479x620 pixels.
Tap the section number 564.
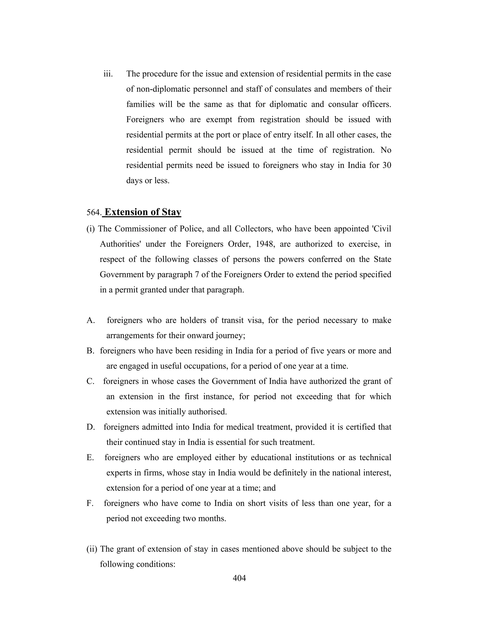94,213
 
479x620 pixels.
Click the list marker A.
91,321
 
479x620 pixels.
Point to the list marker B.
90,351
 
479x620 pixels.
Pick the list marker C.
90,382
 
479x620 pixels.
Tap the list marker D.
91,427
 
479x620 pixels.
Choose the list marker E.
90,458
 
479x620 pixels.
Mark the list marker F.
90,503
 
